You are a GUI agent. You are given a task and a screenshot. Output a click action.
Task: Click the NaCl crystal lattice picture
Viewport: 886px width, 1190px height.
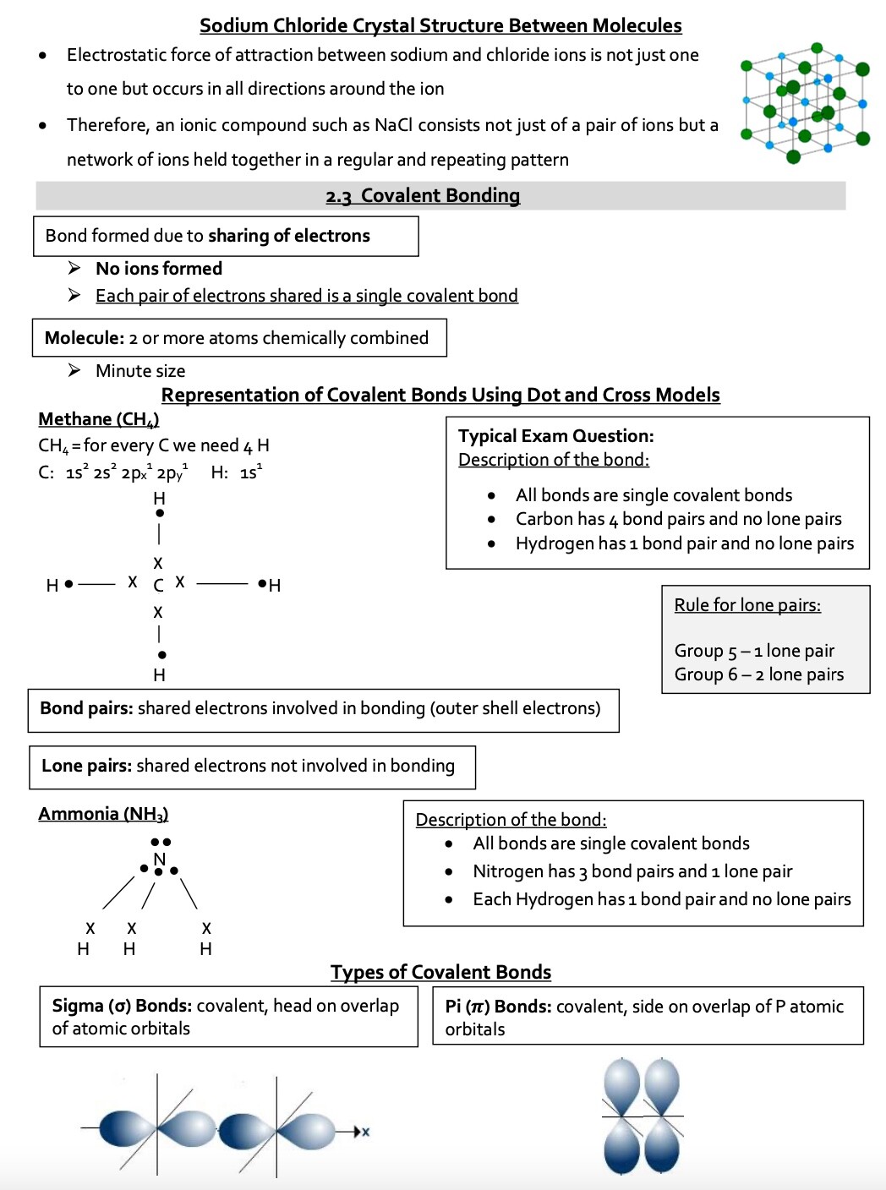pyautogui.click(x=804, y=101)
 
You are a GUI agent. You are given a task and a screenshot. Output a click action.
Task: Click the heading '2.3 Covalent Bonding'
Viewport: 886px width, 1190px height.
pyautogui.click(x=423, y=196)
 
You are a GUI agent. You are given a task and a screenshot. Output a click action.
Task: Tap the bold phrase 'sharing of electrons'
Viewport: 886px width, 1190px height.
pyautogui.click(x=288, y=236)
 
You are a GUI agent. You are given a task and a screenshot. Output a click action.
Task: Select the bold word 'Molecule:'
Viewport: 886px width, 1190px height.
pyautogui.click(x=85, y=338)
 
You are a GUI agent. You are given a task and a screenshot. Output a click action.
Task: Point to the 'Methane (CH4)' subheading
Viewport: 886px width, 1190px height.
pyautogui.click(x=98, y=419)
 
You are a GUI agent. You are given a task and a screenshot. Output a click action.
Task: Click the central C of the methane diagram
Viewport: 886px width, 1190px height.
pyautogui.click(x=158, y=585)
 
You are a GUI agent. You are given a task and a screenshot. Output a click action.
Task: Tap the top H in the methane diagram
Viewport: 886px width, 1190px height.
pyautogui.click(x=159, y=499)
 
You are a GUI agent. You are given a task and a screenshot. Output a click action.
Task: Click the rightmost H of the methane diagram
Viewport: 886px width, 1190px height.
pyautogui.click(x=275, y=585)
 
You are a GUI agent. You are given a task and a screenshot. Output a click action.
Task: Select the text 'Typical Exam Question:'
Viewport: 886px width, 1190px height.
pyautogui.click(x=555, y=436)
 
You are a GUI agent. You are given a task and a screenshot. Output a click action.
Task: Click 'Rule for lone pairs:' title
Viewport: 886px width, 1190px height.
pyautogui.click(x=747, y=605)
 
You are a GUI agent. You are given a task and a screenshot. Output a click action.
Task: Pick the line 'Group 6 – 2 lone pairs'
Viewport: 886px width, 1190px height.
pyautogui.click(x=758, y=674)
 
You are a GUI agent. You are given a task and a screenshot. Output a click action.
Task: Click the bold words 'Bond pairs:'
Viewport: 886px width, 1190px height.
pyautogui.click(x=86, y=708)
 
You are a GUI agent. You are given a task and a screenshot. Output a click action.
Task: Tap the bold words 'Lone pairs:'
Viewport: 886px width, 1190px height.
pyautogui.click(x=86, y=766)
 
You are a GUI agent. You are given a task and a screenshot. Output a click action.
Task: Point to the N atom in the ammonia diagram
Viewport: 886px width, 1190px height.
pyautogui.click(x=159, y=860)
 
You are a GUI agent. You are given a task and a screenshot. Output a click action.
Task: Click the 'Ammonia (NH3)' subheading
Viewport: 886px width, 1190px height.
pyautogui.click(x=103, y=814)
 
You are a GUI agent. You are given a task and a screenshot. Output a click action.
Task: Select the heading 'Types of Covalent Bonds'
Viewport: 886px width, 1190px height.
pyautogui.click(x=440, y=972)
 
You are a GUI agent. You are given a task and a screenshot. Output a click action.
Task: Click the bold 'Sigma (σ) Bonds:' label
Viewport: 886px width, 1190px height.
pyautogui.click(x=123, y=1006)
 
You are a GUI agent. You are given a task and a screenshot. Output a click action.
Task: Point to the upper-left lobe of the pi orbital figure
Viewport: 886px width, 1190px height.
pyautogui.click(x=622, y=1084)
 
